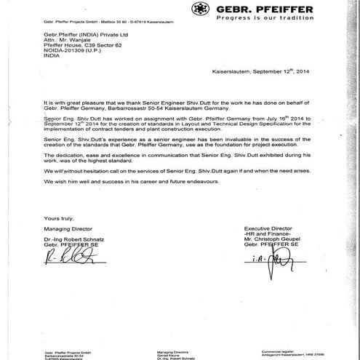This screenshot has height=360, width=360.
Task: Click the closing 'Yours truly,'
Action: point(58,218)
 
